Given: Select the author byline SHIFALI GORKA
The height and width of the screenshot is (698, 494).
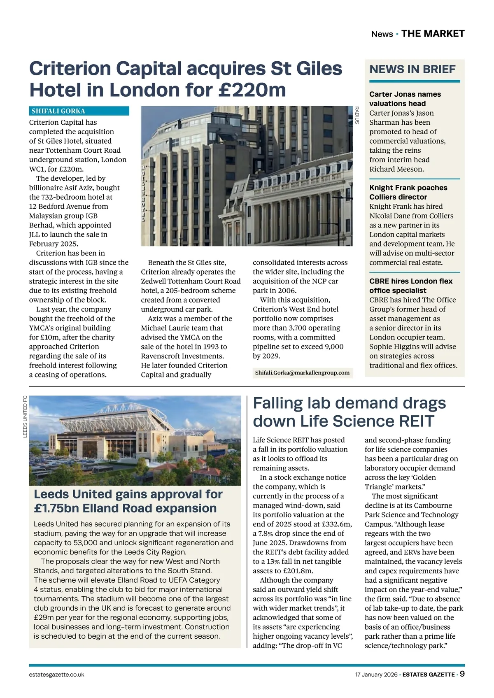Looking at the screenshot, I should click(x=58, y=111).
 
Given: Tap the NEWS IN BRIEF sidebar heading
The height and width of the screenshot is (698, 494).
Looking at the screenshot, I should click(x=412, y=69).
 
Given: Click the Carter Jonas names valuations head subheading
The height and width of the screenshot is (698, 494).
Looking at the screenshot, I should click(x=405, y=99).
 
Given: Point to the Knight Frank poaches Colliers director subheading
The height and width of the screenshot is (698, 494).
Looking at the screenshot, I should click(x=408, y=192).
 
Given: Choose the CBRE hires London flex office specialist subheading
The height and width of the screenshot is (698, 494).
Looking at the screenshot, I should click(x=410, y=286).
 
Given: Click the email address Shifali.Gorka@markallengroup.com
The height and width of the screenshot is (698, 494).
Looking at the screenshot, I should click(x=302, y=373).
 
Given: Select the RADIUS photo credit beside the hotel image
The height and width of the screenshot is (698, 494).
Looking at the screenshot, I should click(x=357, y=115).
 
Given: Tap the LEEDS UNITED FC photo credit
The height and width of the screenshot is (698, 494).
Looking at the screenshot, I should click(x=25, y=416).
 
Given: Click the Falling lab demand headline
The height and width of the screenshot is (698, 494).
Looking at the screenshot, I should click(x=349, y=412).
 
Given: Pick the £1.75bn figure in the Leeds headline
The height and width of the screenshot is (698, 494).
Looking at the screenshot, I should click(x=56, y=508).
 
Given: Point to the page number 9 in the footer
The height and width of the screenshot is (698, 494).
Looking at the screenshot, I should click(x=462, y=674).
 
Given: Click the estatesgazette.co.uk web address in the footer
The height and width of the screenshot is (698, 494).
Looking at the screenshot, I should click(x=57, y=675).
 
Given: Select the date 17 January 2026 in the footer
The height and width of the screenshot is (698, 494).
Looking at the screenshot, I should click(x=376, y=675).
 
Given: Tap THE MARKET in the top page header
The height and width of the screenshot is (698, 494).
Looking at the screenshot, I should click(x=433, y=34).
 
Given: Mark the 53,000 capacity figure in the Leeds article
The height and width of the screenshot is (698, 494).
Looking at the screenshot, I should click(x=87, y=543).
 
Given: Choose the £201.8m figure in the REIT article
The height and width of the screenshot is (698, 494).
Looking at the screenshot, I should click(x=298, y=571).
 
